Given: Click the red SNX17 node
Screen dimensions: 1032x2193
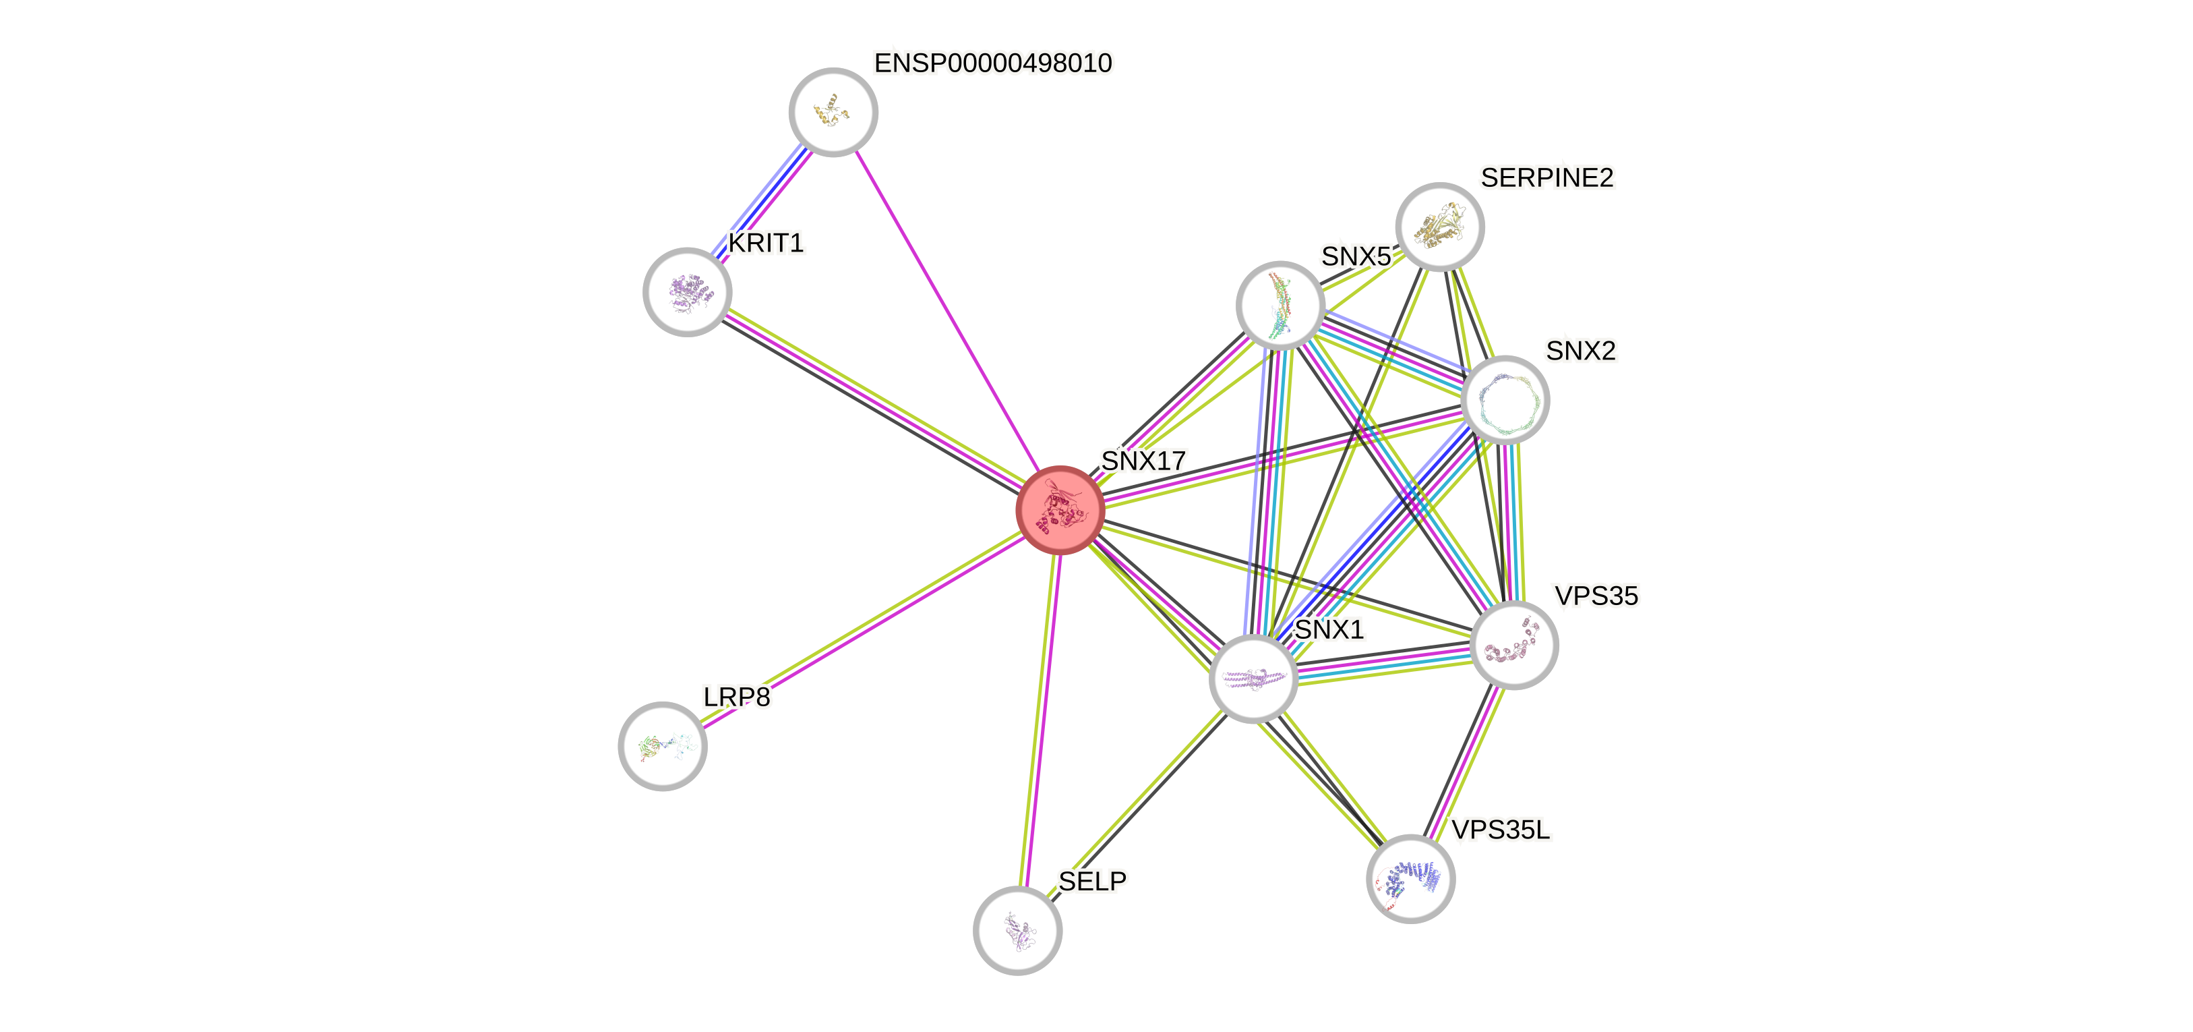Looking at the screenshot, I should pyautogui.click(x=1060, y=510).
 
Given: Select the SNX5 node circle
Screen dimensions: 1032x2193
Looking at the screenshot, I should pyautogui.click(x=1280, y=305).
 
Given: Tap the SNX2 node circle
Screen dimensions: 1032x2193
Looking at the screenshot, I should pyautogui.click(x=1504, y=399).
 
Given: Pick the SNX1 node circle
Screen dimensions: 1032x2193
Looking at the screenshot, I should pyautogui.click(x=1253, y=679).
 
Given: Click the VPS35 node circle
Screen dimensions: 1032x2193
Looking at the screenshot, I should pyautogui.click(x=1513, y=645).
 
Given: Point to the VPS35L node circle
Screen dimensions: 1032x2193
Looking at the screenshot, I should pyautogui.click(x=1410, y=879).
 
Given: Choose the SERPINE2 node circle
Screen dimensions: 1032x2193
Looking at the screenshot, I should pyautogui.click(x=1439, y=227).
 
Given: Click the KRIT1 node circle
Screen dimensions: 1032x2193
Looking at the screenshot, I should pyautogui.click(x=687, y=292).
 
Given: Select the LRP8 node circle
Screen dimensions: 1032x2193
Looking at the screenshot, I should pyautogui.click(x=662, y=746).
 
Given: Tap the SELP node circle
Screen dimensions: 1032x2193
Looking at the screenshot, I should pyautogui.click(x=1017, y=930).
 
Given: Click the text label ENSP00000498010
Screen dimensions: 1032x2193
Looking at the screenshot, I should pyautogui.click(x=992, y=63).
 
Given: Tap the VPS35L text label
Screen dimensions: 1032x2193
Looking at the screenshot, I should pyautogui.click(x=1500, y=830).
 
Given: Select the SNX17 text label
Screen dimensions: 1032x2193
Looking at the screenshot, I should pyautogui.click(x=1143, y=461).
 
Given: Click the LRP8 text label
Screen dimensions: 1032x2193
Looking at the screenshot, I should pyautogui.click(x=736, y=697).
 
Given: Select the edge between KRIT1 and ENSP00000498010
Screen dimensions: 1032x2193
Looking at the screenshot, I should pyautogui.click(x=759, y=202).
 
